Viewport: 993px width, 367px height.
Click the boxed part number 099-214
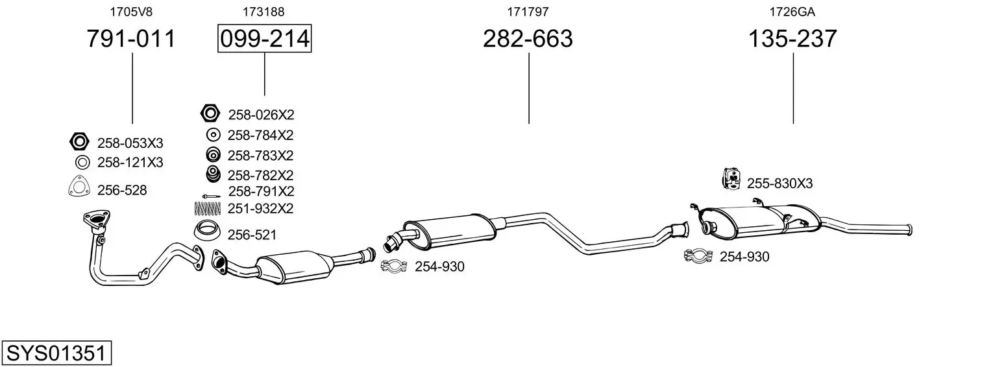tap(264, 38)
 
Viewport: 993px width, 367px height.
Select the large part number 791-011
tap(131, 38)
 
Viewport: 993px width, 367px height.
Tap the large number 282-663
tap(528, 38)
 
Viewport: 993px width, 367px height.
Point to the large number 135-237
tap(792, 38)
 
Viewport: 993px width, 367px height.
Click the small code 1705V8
tap(130, 12)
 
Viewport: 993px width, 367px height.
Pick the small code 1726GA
tap(792, 12)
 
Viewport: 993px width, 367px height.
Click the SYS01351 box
tap(56, 353)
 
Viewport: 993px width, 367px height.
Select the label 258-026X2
tap(261, 115)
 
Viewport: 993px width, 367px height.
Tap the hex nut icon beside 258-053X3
tap(79, 141)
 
